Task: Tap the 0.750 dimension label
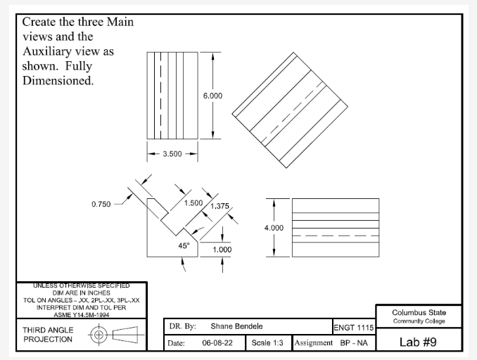pyautogui.click(x=103, y=205)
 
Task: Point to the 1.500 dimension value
pyautogui.click(x=193, y=203)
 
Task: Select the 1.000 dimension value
pyautogui.click(x=222, y=249)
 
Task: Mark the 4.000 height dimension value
pyautogui.click(x=274, y=228)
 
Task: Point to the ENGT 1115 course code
pyautogui.click(x=353, y=327)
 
